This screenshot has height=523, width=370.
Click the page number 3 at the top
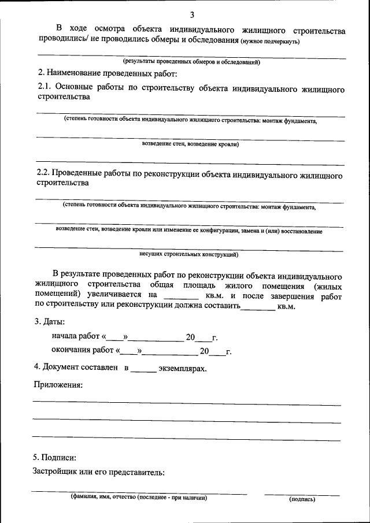coord(191,14)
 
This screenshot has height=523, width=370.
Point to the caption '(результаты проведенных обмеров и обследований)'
coord(191,62)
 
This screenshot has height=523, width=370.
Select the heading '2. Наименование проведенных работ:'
coord(107,74)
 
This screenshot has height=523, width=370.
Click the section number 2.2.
coord(43,173)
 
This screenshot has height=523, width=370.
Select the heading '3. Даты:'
coord(49,321)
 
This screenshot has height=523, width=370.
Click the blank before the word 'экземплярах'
coord(143,369)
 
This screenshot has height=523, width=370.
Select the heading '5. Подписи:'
coord(55,457)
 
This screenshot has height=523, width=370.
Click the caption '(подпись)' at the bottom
coord(302,498)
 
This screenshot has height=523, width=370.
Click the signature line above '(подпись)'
coord(302,494)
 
